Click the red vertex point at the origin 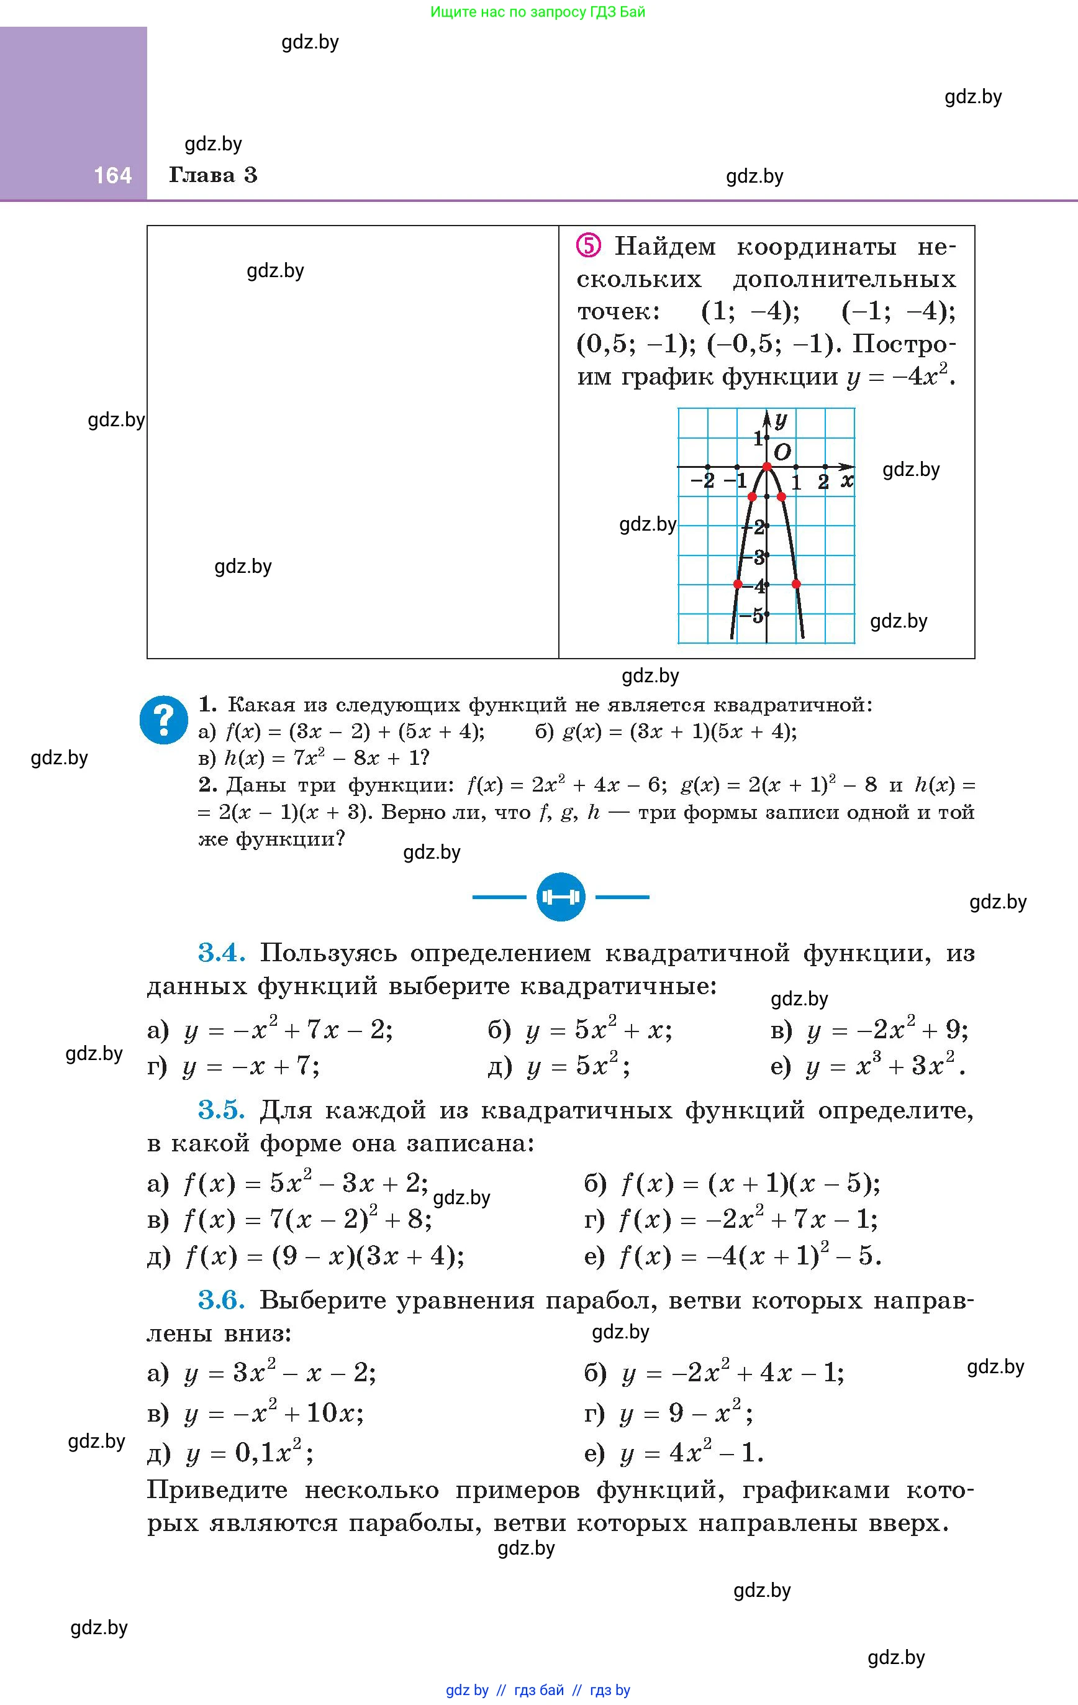tap(766, 467)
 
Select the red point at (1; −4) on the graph tap(796, 584)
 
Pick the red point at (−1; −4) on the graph tap(738, 584)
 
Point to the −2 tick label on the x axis tap(702, 481)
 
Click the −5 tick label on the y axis tap(753, 615)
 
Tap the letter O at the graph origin tap(782, 452)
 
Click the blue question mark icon tap(163, 720)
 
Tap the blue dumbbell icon tap(561, 897)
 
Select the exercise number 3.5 tap(222, 1110)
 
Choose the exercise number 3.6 tap(222, 1299)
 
